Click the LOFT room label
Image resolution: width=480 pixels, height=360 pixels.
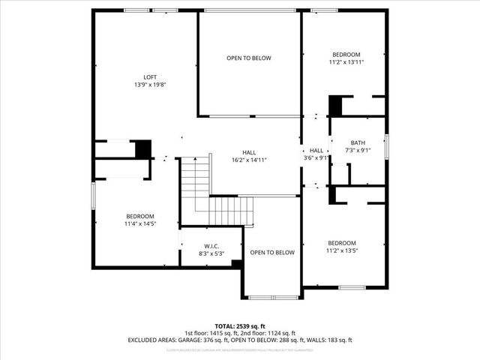tap(150, 77)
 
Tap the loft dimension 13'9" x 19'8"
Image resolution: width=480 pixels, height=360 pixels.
tap(150, 85)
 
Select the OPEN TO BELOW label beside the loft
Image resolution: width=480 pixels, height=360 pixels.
tap(249, 58)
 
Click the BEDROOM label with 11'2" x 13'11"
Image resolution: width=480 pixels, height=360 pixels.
tap(346, 55)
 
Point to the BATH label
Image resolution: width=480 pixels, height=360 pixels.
tap(358, 143)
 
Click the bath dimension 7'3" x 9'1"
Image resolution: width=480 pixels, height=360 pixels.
tap(358, 151)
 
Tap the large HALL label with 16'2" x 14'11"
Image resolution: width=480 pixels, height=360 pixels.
tap(250, 152)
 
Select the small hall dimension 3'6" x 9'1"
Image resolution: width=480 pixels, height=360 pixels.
tap(316, 157)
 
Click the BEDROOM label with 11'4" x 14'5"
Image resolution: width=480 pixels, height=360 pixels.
tap(140, 216)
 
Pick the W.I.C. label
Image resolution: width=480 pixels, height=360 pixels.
tap(211, 247)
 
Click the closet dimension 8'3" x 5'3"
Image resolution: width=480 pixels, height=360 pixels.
tap(211, 254)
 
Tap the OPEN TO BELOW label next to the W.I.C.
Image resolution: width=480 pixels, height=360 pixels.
tap(272, 253)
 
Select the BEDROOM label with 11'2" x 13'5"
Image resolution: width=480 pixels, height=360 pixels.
tap(341, 243)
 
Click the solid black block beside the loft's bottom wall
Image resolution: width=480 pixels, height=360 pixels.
tap(142, 148)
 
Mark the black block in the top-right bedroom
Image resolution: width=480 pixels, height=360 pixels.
tap(335, 104)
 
